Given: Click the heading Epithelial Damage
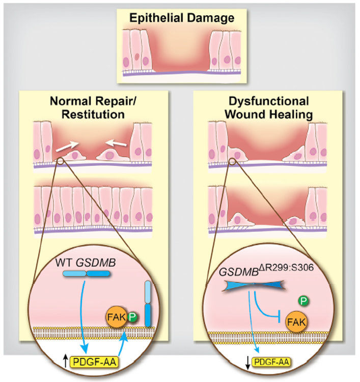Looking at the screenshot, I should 181,18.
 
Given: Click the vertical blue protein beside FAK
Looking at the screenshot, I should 148,303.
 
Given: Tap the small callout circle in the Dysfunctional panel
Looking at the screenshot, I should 233,161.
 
